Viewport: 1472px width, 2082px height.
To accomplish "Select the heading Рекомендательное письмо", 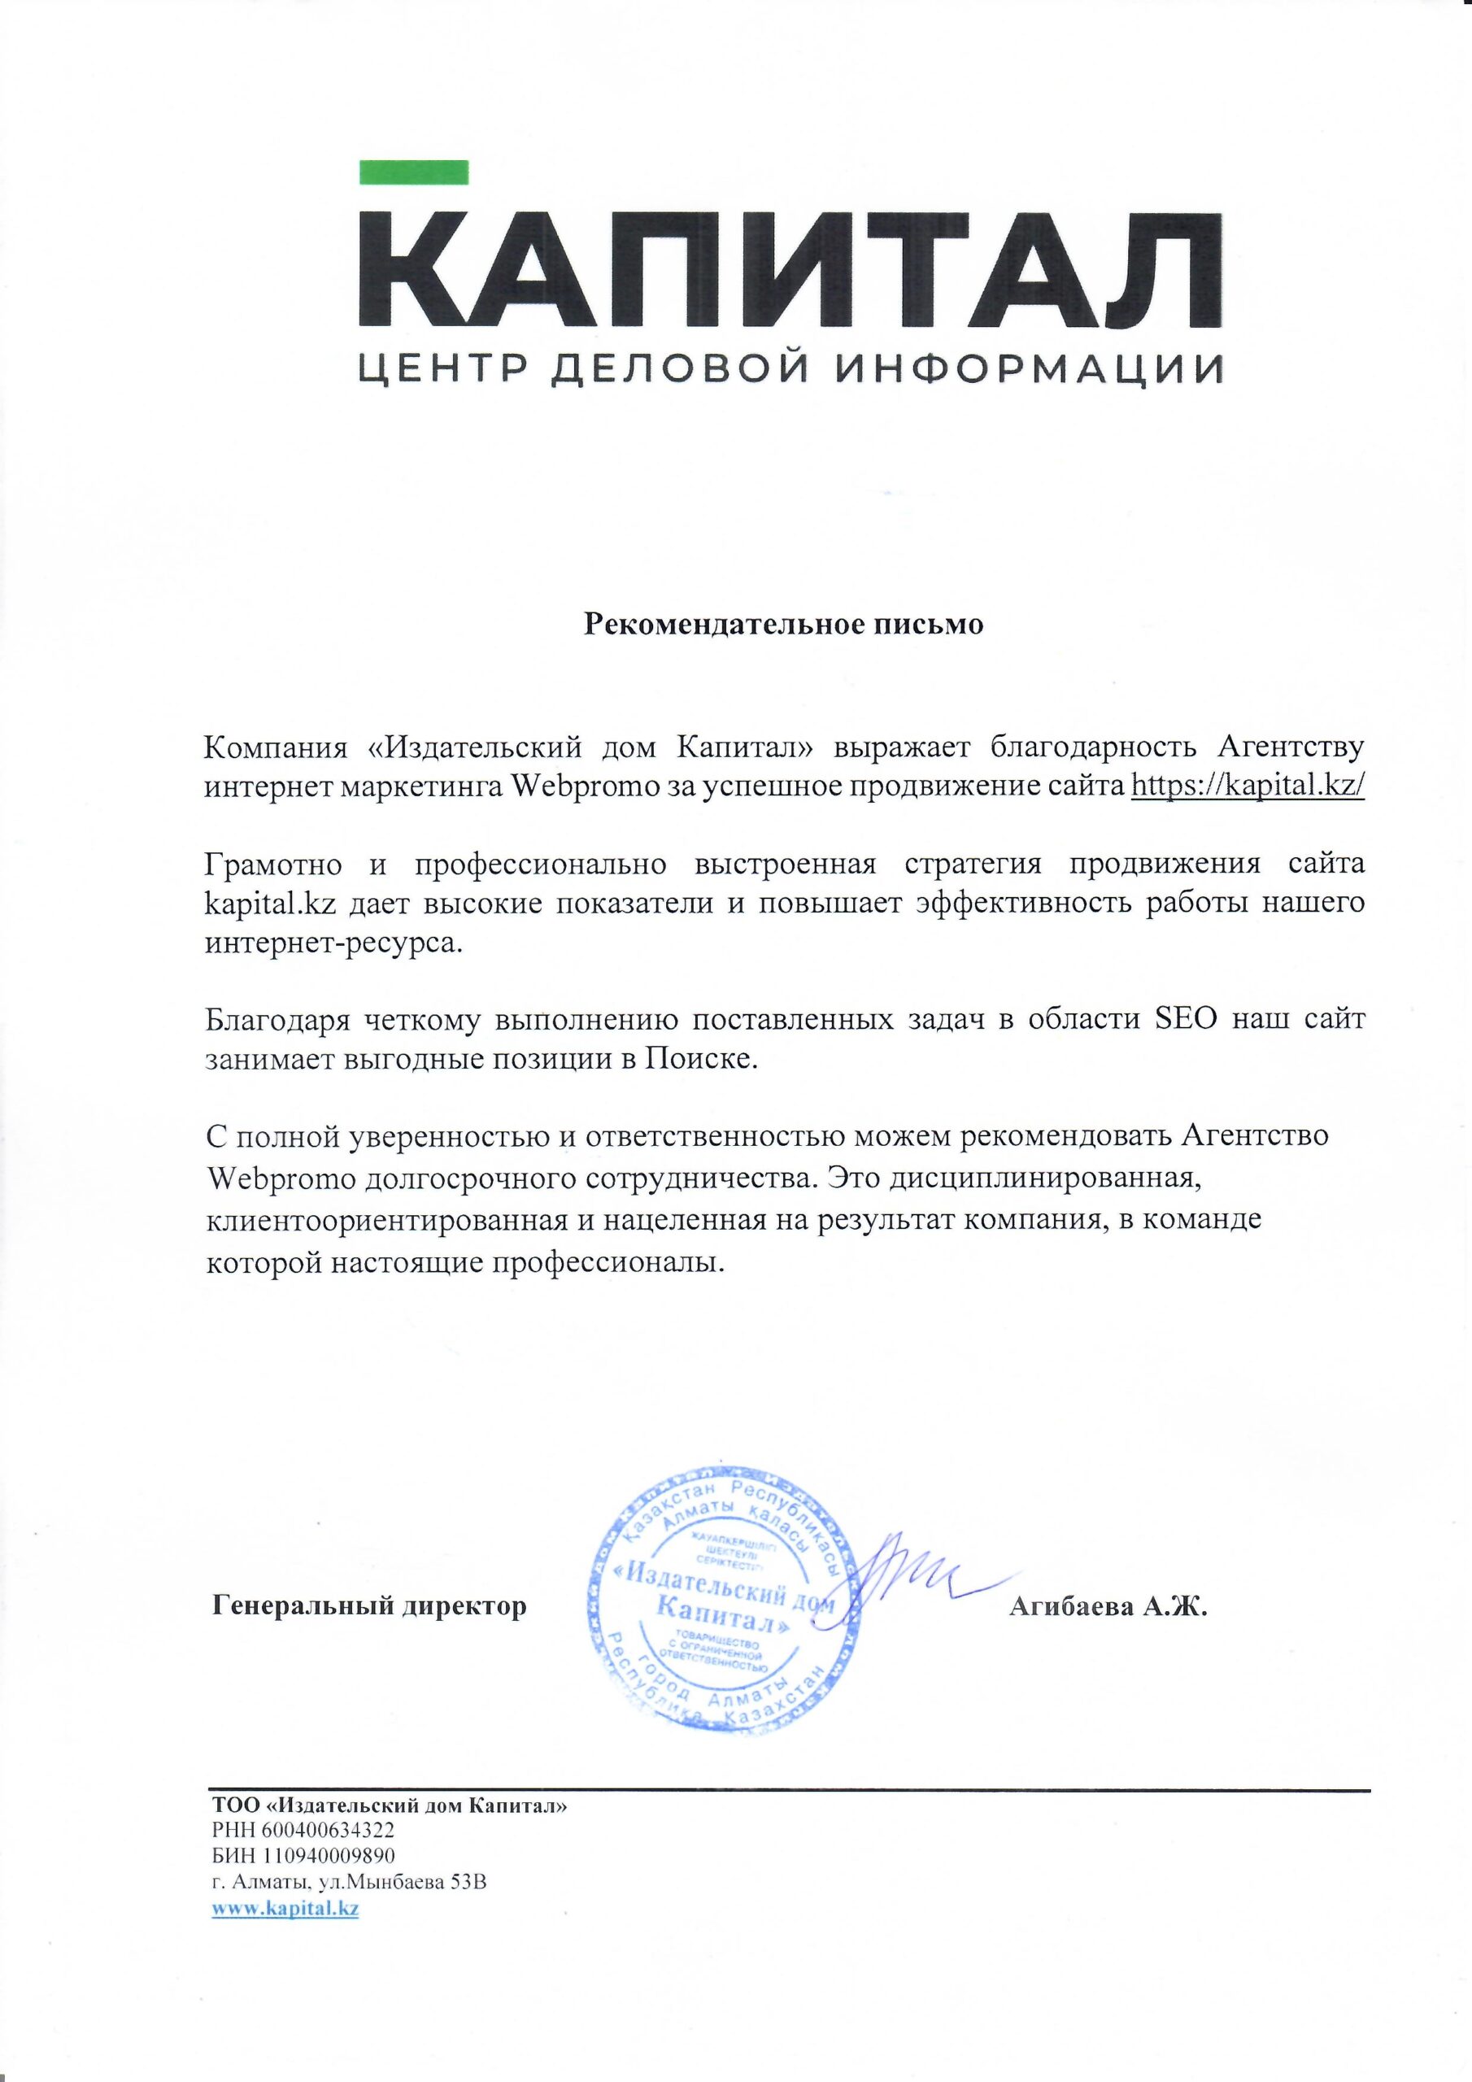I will pyautogui.click(x=782, y=625).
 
